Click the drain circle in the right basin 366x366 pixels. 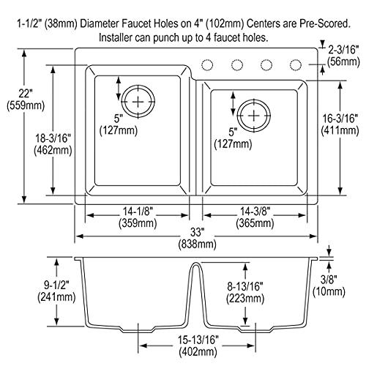point(253,114)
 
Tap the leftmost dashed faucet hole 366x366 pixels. point(208,64)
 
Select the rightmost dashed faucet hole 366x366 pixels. point(296,64)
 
